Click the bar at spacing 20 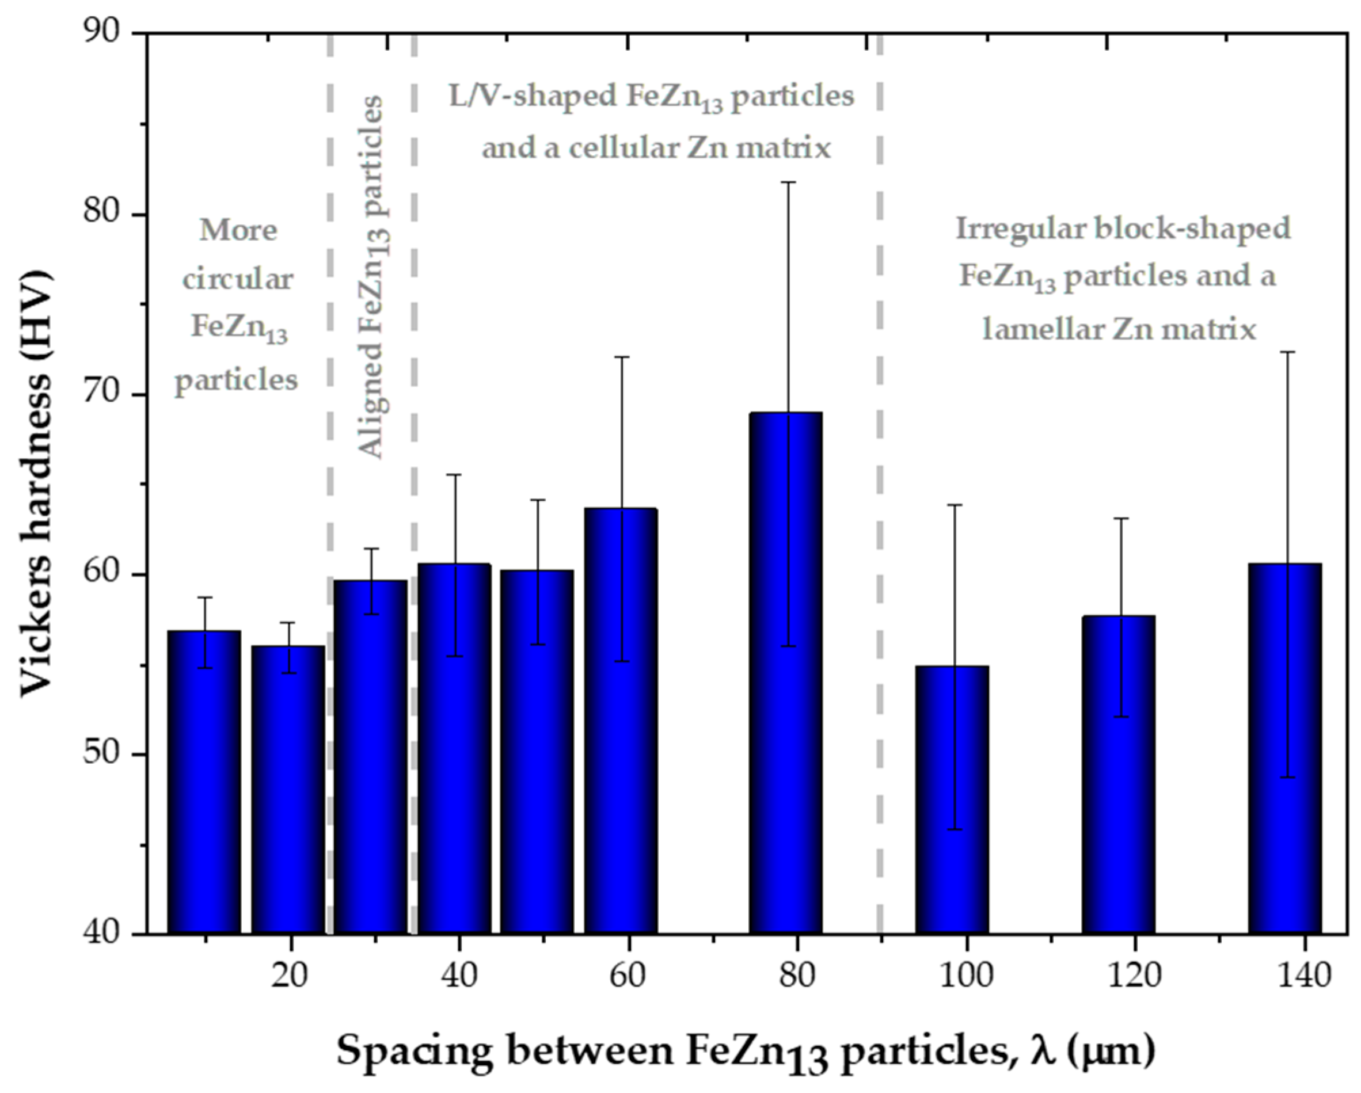[x=288, y=790]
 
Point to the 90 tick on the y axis [x=101, y=33]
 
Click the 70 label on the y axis [x=101, y=395]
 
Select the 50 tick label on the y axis [x=101, y=755]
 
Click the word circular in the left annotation [x=238, y=279]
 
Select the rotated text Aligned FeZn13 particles [x=372, y=277]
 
